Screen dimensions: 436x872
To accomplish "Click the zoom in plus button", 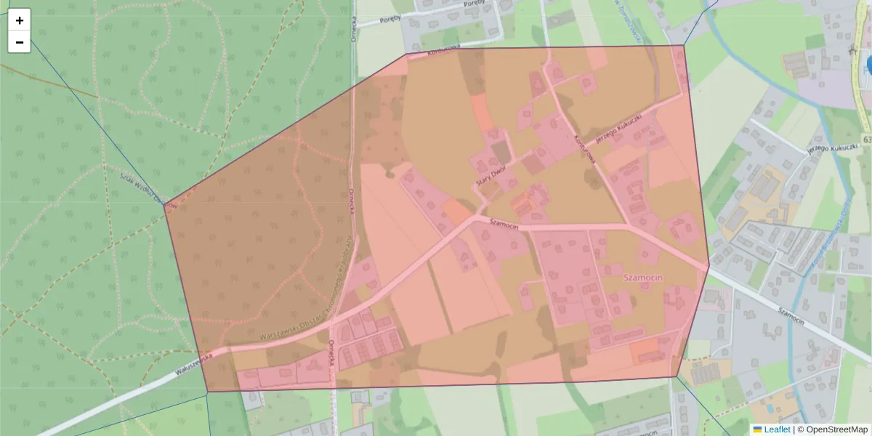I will coord(20,20).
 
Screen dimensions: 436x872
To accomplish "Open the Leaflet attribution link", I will coord(777,429).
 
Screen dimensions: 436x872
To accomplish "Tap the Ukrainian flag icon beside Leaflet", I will coord(757,429).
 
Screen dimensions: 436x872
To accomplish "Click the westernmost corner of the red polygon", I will coord(166,204).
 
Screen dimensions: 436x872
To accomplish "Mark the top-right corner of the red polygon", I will coord(684,46).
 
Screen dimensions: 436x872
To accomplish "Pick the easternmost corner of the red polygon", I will coord(709,265).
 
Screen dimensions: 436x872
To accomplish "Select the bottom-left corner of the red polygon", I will coord(208,392).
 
